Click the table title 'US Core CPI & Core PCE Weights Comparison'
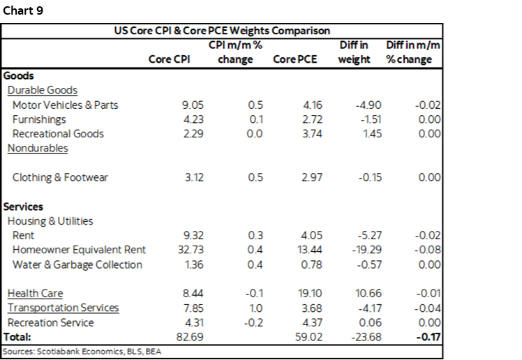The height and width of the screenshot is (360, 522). tap(222, 31)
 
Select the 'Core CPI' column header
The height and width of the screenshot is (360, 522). tap(169, 59)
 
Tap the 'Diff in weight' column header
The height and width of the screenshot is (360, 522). tap(354, 52)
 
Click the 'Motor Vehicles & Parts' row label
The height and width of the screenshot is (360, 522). tap(65, 105)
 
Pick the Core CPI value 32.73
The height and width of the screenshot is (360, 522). tap(191, 250)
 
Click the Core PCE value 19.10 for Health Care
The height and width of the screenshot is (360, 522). tap(304, 294)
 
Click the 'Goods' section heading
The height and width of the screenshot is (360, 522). tap(19, 76)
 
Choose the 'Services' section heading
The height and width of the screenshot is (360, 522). tap(23, 207)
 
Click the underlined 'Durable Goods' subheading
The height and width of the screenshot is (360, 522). tap(42, 90)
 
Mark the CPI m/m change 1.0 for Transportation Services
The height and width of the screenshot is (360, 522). tap(255, 308)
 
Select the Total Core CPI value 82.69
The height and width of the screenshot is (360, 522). tap(191, 337)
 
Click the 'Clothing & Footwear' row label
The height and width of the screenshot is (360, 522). tap(60, 177)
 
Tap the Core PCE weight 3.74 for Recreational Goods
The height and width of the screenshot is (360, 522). tap(306, 133)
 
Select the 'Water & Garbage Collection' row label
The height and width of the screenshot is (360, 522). tap(77, 264)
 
